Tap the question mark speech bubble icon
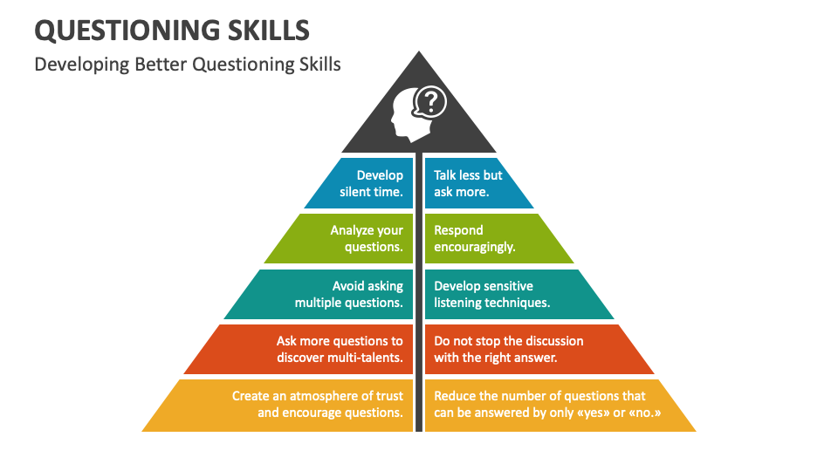coord(430,103)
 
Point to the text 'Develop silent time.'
coord(372,183)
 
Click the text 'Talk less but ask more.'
coord(468,183)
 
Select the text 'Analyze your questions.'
coord(367,238)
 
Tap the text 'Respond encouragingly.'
coord(475,238)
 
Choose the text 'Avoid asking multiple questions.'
coord(349,294)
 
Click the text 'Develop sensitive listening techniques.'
coord(491,294)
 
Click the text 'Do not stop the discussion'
coord(509,340)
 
